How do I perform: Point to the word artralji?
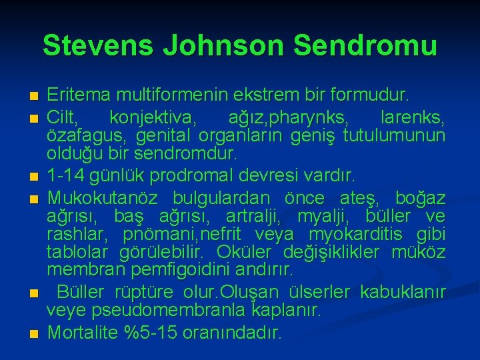pyautogui.click(x=253, y=217)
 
